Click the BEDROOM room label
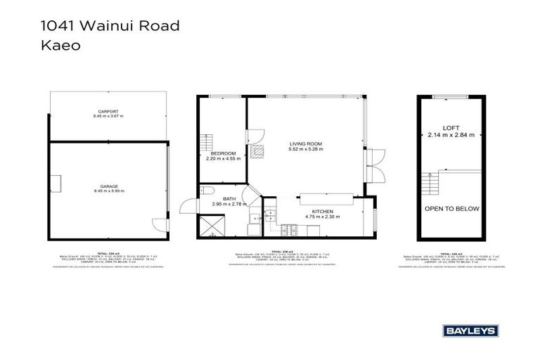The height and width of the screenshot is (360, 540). pyautogui.click(x=224, y=153)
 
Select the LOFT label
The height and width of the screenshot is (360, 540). pyautogui.click(x=451, y=128)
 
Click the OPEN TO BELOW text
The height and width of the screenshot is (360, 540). pyautogui.click(x=451, y=209)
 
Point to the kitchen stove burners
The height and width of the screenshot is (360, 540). pyautogui.click(x=289, y=232)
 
